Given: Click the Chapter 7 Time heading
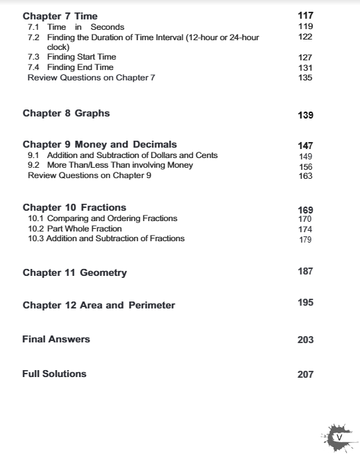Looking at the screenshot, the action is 60,15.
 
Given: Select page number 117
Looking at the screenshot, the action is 305,15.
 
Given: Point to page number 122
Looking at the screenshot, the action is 305,37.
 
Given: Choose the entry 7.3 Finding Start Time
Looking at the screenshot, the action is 71,57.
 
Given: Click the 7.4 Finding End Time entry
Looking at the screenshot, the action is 70,67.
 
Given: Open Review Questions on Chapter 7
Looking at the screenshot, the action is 91,78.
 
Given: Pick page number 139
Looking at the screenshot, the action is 305,115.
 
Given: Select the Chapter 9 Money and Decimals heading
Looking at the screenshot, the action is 100,145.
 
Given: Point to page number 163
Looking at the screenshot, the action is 305,177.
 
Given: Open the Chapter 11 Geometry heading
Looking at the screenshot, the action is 75,273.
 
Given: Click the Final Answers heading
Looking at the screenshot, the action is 56,340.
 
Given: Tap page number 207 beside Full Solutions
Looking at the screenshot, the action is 305,374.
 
